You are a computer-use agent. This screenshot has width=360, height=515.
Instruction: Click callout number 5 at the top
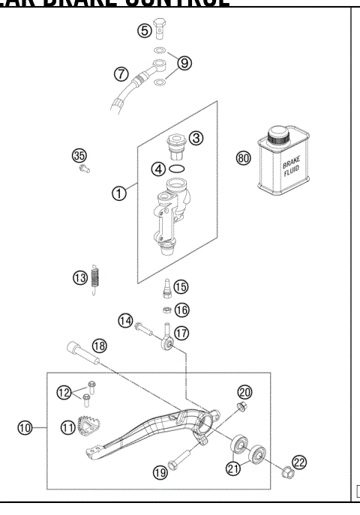pos(144,31)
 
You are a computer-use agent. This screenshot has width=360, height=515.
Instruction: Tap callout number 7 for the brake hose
pos(121,74)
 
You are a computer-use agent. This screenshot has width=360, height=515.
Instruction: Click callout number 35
pos(79,155)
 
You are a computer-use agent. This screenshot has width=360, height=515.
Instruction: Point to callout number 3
pos(196,138)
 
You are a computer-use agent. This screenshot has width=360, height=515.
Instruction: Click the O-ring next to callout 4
pos(178,169)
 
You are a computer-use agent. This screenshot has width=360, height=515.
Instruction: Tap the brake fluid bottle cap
pos(280,136)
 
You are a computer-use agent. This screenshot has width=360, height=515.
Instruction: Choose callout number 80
pos(243,158)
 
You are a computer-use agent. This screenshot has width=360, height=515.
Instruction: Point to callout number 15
pos(181,286)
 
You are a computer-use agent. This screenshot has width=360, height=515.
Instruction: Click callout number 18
pos(99,346)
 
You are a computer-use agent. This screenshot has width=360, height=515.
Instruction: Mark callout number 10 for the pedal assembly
pos(24,428)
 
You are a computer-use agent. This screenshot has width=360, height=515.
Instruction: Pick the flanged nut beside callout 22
pos(286,473)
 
